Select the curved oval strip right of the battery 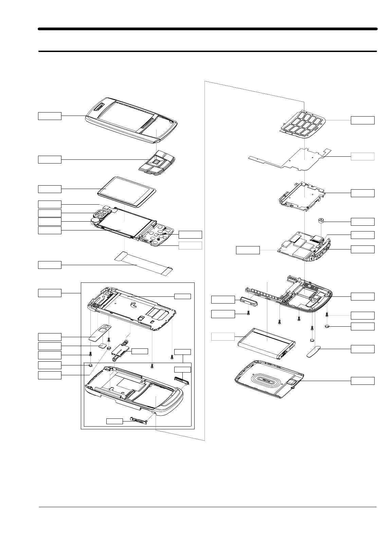[x=314, y=351]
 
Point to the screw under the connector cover [x=248, y=313]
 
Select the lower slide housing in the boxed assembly [x=136, y=391]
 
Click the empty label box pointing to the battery [x=223, y=337]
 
